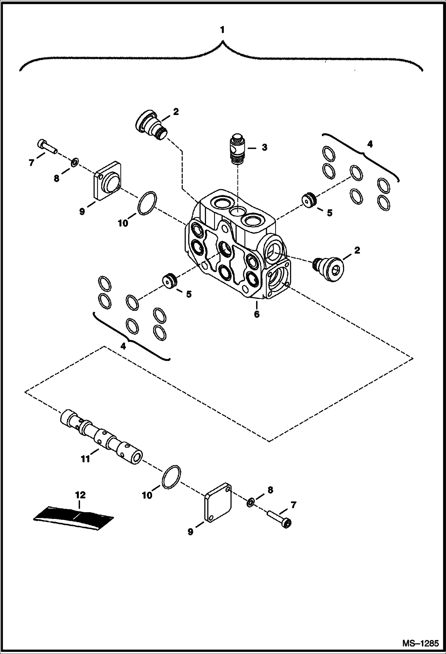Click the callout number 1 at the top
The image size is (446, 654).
(x=222, y=30)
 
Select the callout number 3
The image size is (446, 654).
(x=264, y=147)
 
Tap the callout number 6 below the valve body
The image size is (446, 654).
(x=256, y=314)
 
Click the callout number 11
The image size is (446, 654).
(x=85, y=459)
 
